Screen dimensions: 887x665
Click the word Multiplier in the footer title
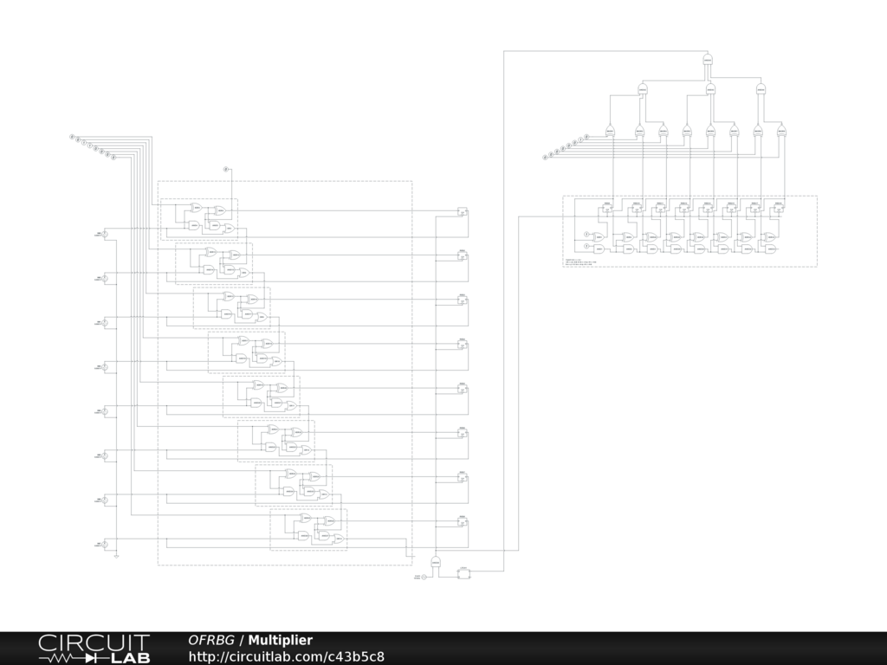click(x=280, y=641)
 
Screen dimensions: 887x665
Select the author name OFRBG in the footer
click(x=211, y=641)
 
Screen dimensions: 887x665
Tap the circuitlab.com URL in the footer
click(x=286, y=657)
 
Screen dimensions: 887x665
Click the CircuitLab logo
click(x=94, y=649)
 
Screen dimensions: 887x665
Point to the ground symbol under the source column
click(x=117, y=556)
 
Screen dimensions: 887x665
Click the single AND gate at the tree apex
click(x=708, y=60)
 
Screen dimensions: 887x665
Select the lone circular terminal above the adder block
click(x=227, y=169)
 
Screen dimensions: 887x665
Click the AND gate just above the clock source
click(x=436, y=563)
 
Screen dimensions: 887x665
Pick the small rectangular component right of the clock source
click(x=463, y=573)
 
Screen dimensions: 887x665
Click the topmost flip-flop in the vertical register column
click(x=463, y=211)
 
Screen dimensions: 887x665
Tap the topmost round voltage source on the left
click(x=106, y=234)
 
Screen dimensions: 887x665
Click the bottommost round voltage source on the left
click(x=106, y=545)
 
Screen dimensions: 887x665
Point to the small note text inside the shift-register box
click(x=580, y=261)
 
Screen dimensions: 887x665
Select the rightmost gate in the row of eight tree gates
click(x=781, y=131)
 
